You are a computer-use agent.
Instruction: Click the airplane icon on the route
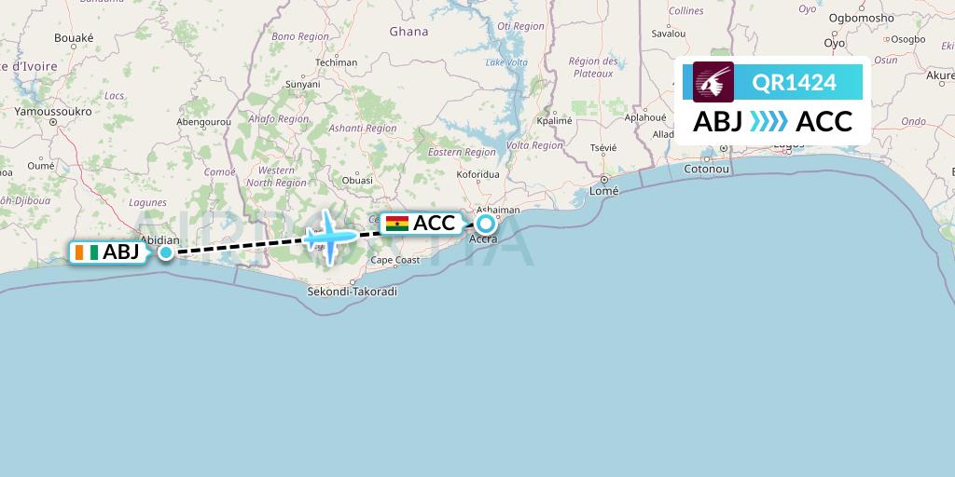tap(329, 236)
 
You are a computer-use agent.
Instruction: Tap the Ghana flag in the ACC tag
tap(396, 224)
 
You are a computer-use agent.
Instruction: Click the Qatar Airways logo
tap(713, 82)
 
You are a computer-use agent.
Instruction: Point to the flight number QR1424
tap(794, 83)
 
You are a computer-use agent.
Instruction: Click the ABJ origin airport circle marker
tap(166, 252)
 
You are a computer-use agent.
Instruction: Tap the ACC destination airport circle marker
tap(486, 224)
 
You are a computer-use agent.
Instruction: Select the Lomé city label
tap(605, 191)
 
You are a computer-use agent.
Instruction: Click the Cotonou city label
tap(706, 170)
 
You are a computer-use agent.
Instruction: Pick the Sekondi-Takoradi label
tap(352, 292)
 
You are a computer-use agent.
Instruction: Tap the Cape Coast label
tap(394, 260)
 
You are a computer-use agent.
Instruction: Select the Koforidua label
tap(479, 173)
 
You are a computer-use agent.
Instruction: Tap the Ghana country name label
tap(408, 31)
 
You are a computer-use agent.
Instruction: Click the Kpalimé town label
tap(554, 121)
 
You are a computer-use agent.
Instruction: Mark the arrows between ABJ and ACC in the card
tap(768, 121)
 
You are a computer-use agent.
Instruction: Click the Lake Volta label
tap(506, 62)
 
